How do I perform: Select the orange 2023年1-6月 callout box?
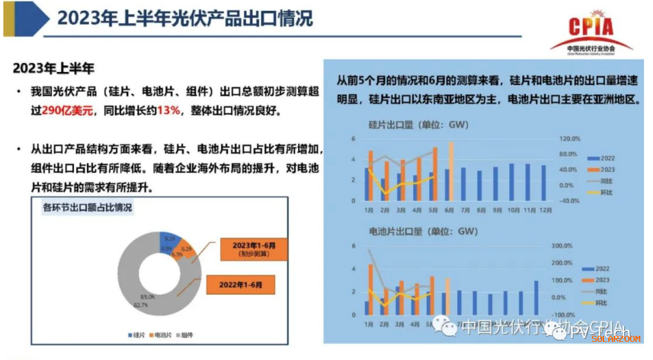(254, 249)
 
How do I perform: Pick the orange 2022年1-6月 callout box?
(240, 284)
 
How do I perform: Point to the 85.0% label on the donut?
(148, 296)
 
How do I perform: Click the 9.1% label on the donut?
(170, 238)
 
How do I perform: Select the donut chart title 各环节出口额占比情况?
(88, 208)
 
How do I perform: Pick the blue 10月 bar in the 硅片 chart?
(512, 182)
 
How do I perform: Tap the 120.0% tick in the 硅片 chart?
(568, 138)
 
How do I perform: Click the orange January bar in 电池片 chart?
(371, 289)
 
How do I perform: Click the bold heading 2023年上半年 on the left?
(54, 67)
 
